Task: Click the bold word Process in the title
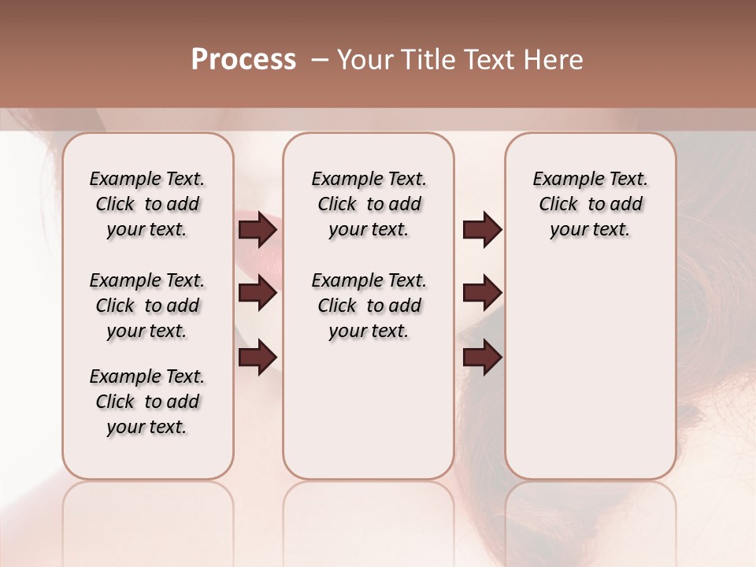243,60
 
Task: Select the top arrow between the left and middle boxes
258,230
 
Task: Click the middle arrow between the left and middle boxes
258,294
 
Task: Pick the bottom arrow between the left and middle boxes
258,358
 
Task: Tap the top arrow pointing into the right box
482,230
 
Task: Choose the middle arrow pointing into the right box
482,294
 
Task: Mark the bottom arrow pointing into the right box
482,358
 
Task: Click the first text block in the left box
147,204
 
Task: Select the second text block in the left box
147,306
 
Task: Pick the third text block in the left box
147,402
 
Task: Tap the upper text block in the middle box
369,204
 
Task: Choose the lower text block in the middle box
369,306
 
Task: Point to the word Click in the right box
558,205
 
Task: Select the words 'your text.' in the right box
590,230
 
